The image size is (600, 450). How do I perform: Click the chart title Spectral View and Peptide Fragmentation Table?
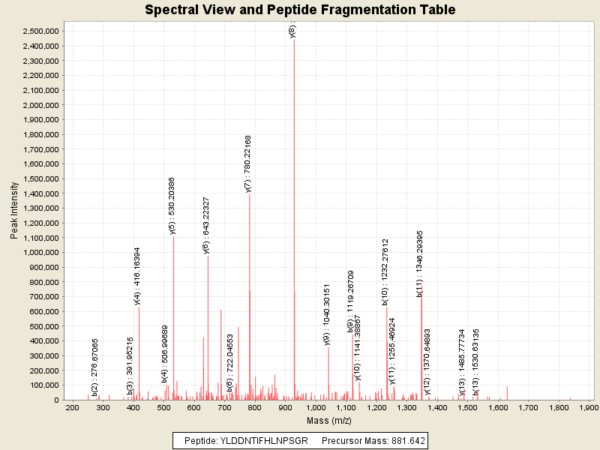(300, 10)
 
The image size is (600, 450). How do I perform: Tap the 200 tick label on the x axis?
(73, 407)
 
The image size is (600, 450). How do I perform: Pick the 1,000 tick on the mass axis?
(316, 407)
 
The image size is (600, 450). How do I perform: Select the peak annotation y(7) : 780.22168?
(248, 163)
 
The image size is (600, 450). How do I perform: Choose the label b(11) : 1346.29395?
(420, 262)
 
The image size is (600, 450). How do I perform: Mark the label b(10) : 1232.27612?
(385, 271)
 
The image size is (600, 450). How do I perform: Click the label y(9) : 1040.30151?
(327, 315)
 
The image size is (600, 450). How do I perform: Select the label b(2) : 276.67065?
(95, 367)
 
